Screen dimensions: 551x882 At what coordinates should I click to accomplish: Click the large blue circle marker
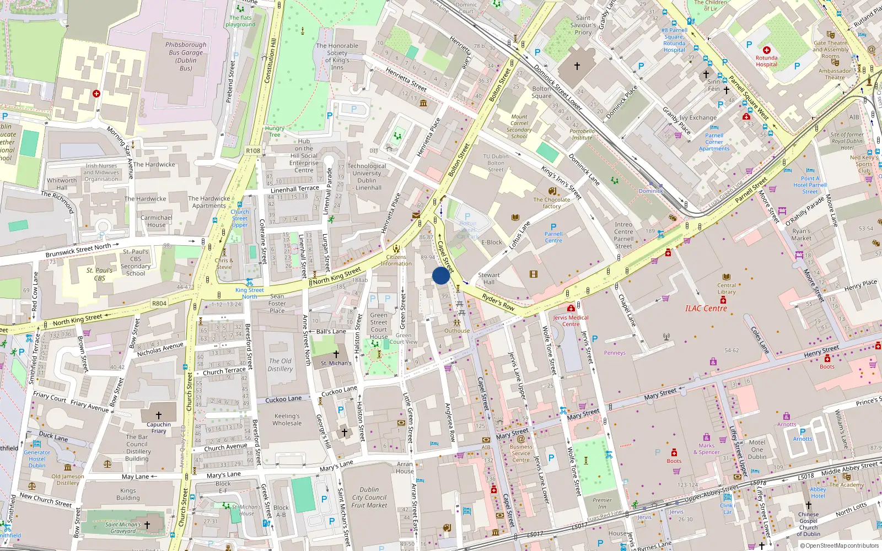441,275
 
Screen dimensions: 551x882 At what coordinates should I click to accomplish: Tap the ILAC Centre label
706,309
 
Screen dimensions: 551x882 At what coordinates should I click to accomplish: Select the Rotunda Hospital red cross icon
766,50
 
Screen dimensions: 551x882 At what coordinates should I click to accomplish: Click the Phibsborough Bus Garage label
186,56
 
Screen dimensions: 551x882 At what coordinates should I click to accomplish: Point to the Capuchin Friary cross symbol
159,415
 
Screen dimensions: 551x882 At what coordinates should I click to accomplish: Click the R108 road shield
253,150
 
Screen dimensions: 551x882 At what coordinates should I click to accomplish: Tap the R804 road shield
159,304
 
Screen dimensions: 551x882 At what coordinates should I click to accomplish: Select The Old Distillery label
280,365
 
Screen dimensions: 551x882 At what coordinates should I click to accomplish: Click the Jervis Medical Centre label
571,321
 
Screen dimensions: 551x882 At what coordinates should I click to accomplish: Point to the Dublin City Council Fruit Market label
369,497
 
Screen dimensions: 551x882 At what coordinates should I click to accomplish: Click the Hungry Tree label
275,131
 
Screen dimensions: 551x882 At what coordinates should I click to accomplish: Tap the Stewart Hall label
489,279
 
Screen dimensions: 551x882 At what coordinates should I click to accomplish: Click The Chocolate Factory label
551,203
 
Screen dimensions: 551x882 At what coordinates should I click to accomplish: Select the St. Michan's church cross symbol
336,354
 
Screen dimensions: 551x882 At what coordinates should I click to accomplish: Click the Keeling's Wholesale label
287,420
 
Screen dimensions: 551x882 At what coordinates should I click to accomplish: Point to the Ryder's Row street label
498,302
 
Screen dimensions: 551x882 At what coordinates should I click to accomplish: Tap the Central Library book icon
727,277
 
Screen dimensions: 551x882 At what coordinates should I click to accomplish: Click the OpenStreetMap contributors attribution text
839,546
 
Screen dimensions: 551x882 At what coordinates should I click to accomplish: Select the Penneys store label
615,353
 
